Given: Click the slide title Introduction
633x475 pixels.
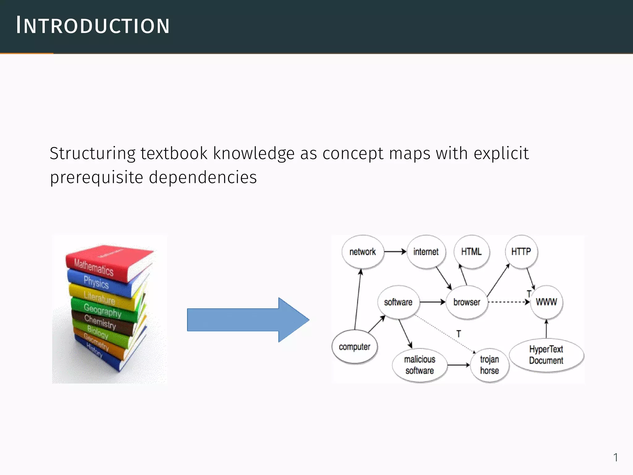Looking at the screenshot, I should [x=93, y=25].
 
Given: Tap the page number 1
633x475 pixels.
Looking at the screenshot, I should [x=615, y=457].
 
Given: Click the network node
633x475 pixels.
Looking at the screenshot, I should [x=363, y=252].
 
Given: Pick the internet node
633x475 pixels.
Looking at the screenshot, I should [x=426, y=252].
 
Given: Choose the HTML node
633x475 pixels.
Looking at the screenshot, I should [x=471, y=252].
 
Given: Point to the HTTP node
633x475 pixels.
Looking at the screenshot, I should [x=521, y=252].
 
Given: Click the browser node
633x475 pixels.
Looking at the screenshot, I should [x=467, y=302].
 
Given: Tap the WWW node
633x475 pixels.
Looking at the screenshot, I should [x=546, y=302].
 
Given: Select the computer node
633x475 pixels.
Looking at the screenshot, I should [x=355, y=347].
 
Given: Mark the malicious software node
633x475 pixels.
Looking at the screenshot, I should [x=420, y=365].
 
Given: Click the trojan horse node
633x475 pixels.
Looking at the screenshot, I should [x=490, y=365].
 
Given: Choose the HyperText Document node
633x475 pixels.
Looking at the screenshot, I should [x=546, y=355].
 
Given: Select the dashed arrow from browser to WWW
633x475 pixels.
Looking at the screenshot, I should [x=508, y=302].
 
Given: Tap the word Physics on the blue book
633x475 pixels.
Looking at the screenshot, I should [x=96, y=282].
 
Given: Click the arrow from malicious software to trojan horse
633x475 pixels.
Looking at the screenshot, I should [x=459, y=365].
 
